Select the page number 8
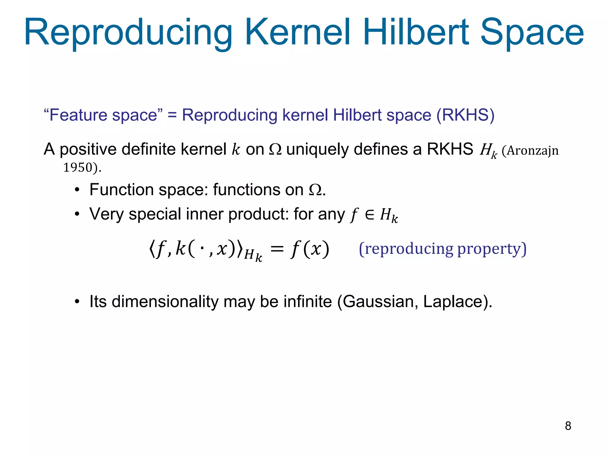[x=568, y=426]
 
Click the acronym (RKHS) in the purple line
[x=465, y=115]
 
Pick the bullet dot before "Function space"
[x=77, y=190]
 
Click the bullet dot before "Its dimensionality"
[x=77, y=302]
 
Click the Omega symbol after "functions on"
[x=315, y=190]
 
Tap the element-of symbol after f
[x=370, y=214]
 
